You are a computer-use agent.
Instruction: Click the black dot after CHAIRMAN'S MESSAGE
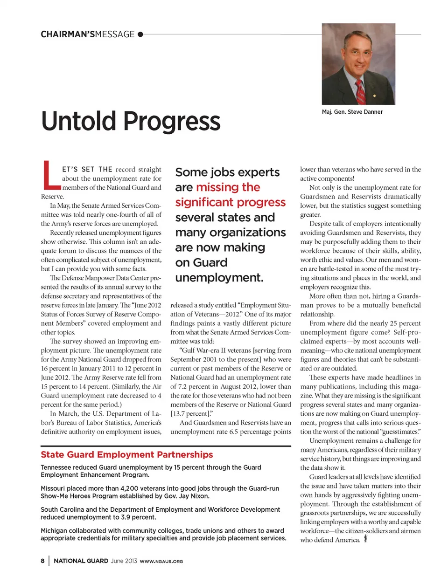140,34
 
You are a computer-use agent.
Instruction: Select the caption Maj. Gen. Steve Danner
352,112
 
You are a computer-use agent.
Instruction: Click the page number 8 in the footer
42,561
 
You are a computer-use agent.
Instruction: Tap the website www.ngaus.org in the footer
161,561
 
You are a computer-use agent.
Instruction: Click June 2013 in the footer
124,561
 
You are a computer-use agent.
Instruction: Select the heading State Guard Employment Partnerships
126,454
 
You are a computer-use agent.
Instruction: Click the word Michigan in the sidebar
54,530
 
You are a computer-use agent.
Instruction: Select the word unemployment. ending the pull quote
219,277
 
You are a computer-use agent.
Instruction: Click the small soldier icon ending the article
365,539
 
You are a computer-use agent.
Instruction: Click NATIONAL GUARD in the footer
81,561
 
